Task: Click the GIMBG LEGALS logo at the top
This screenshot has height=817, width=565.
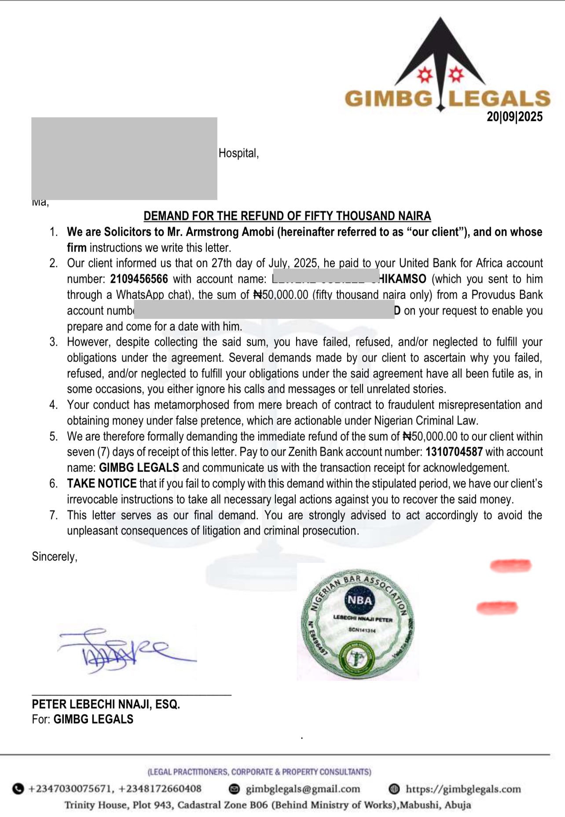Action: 447,70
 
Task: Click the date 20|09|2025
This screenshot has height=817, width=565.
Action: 514,117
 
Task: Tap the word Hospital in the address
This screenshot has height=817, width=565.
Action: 238,153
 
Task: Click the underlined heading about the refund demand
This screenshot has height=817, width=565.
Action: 287,216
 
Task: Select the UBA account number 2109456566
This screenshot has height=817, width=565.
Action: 139,279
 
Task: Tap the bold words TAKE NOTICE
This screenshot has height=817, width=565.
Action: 102,484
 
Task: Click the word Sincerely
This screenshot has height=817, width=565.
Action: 55,557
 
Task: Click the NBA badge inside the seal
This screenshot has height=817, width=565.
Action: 360,600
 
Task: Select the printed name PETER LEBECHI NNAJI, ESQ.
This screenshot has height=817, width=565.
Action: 106,704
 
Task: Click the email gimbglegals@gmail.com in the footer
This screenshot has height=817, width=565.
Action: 303,789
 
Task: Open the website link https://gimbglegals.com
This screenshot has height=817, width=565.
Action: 463,789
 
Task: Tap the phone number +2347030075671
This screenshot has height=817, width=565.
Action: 70,789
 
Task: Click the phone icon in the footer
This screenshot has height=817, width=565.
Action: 18,789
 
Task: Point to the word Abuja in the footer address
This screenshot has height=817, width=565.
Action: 458,805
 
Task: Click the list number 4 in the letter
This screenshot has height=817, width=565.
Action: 53,405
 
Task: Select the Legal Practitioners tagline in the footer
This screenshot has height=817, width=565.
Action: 260,772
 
